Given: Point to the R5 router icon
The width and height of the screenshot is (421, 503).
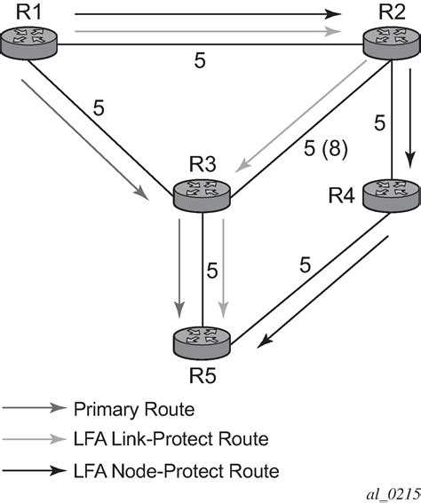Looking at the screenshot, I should point(202,340).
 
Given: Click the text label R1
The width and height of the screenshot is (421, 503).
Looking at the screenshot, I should point(20,12).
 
